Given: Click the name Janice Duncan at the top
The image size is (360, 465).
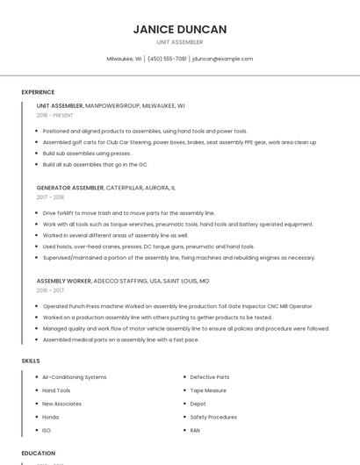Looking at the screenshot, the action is click(x=179, y=29).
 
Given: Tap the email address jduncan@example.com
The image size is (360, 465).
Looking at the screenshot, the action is click(x=222, y=59).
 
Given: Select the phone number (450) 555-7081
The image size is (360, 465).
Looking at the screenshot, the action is click(x=167, y=59).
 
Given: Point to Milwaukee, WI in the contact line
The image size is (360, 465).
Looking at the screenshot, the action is click(x=124, y=59).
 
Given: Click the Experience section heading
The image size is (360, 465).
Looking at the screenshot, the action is click(x=38, y=92).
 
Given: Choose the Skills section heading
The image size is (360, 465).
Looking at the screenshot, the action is click(x=31, y=361).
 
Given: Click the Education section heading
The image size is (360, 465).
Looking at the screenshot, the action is click(x=39, y=453).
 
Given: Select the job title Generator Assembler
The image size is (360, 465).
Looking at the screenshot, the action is click(x=70, y=188).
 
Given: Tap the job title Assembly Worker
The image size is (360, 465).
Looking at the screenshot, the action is click(x=63, y=281).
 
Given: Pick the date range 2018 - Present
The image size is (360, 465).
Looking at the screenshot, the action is click(x=54, y=115).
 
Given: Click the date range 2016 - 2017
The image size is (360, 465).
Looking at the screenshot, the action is click(x=50, y=290).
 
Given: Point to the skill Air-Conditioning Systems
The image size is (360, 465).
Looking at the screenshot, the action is click(x=75, y=377).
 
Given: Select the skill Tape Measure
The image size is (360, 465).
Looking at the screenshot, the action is click(x=208, y=390).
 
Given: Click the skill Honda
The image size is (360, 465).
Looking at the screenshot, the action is click(x=51, y=417).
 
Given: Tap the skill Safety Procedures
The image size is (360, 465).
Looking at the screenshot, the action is click(x=213, y=417).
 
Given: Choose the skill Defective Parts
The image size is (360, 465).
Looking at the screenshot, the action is click(x=210, y=377).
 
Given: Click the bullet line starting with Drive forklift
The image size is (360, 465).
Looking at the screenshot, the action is click(x=128, y=213).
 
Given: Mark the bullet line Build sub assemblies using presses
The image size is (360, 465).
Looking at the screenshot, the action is click(x=87, y=153).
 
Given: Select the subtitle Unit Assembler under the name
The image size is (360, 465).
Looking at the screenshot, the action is click(x=179, y=42).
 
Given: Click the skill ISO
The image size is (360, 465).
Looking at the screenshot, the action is click(x=47, y=431).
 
